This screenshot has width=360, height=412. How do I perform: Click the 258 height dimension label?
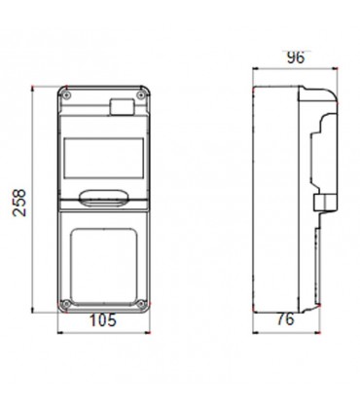pos(18,198)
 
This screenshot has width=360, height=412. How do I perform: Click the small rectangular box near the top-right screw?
pos(124,106)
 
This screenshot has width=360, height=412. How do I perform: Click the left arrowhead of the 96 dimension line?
pos(255,69)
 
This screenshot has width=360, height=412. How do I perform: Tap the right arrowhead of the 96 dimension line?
pos(337,69)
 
